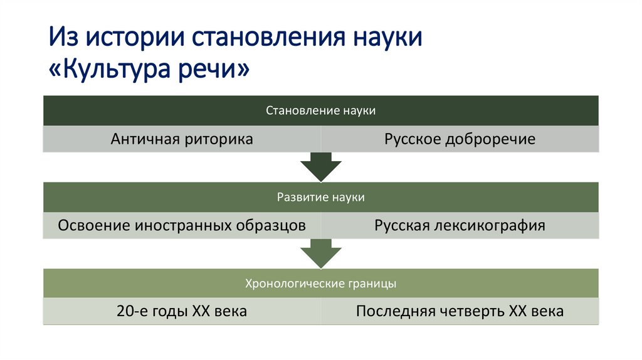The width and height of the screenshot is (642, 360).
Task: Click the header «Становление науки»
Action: point(320,110)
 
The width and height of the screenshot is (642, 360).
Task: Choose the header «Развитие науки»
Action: point(320,197)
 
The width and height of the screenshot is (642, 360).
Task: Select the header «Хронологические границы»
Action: point(320,283)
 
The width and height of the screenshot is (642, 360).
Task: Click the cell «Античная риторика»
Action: point(182,139)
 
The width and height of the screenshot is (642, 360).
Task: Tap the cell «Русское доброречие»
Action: point(460,139)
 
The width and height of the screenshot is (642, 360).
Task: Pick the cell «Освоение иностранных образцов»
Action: point(182,225)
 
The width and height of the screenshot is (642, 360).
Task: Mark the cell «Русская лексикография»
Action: point(460,225)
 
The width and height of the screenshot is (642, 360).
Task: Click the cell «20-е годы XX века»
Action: point(182,311)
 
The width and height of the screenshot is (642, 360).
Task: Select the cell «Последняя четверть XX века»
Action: point(460,311)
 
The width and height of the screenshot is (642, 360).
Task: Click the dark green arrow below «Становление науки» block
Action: point(320,167)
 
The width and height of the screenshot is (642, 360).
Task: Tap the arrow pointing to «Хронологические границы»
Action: point(320,254)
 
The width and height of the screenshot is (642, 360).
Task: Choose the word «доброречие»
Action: point(490,139)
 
